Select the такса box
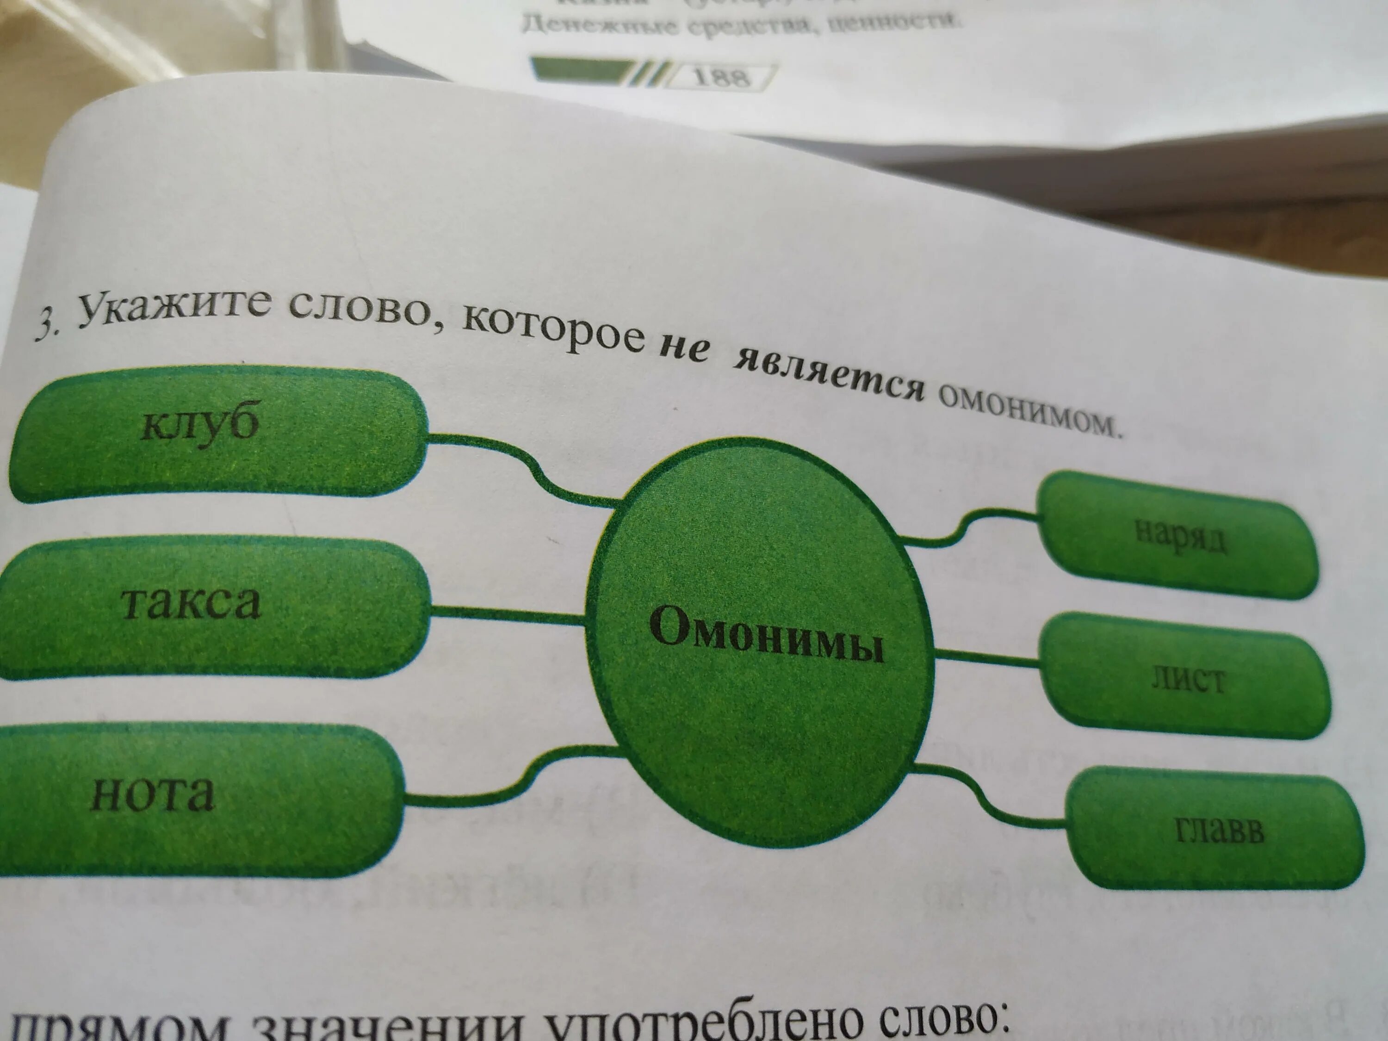click(x=192, y=604)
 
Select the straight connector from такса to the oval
click(x=508, y=615)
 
